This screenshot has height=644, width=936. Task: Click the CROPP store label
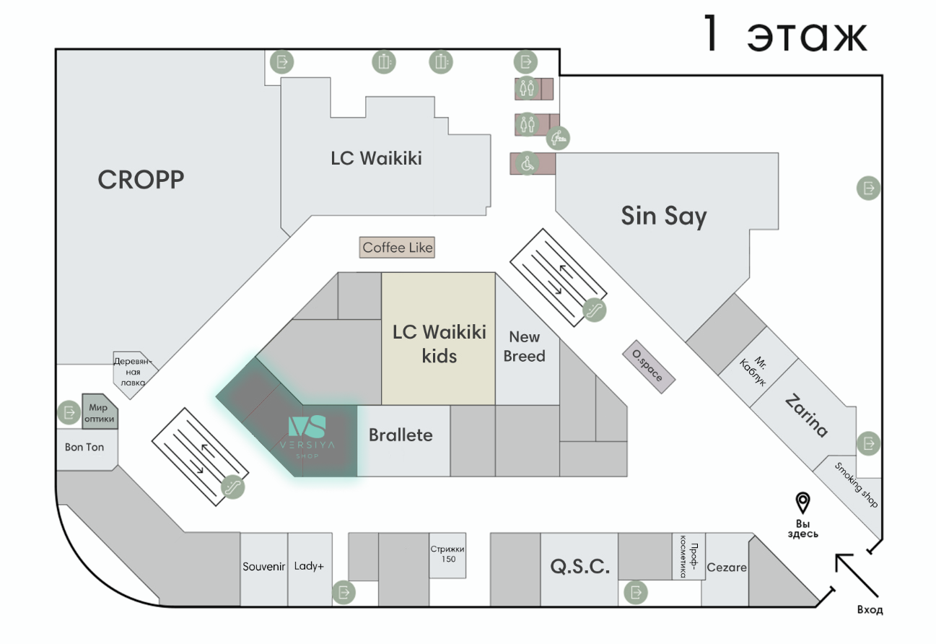141,180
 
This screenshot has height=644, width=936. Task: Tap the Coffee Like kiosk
398,248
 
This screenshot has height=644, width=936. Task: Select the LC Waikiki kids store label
439,343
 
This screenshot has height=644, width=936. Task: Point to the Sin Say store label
664,216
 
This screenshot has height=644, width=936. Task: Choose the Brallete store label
401,435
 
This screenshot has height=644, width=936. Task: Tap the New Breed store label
525,347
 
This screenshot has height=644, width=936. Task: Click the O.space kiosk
648,367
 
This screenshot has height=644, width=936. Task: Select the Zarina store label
806,416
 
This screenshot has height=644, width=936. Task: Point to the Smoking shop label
857,485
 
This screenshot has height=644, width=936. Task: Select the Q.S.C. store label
579,567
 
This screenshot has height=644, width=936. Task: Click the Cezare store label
727,567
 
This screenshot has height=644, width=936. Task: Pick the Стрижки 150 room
447,554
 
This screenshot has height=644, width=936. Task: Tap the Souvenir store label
264,566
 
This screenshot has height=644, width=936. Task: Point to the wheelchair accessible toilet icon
528,163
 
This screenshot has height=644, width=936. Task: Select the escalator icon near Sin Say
595,310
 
